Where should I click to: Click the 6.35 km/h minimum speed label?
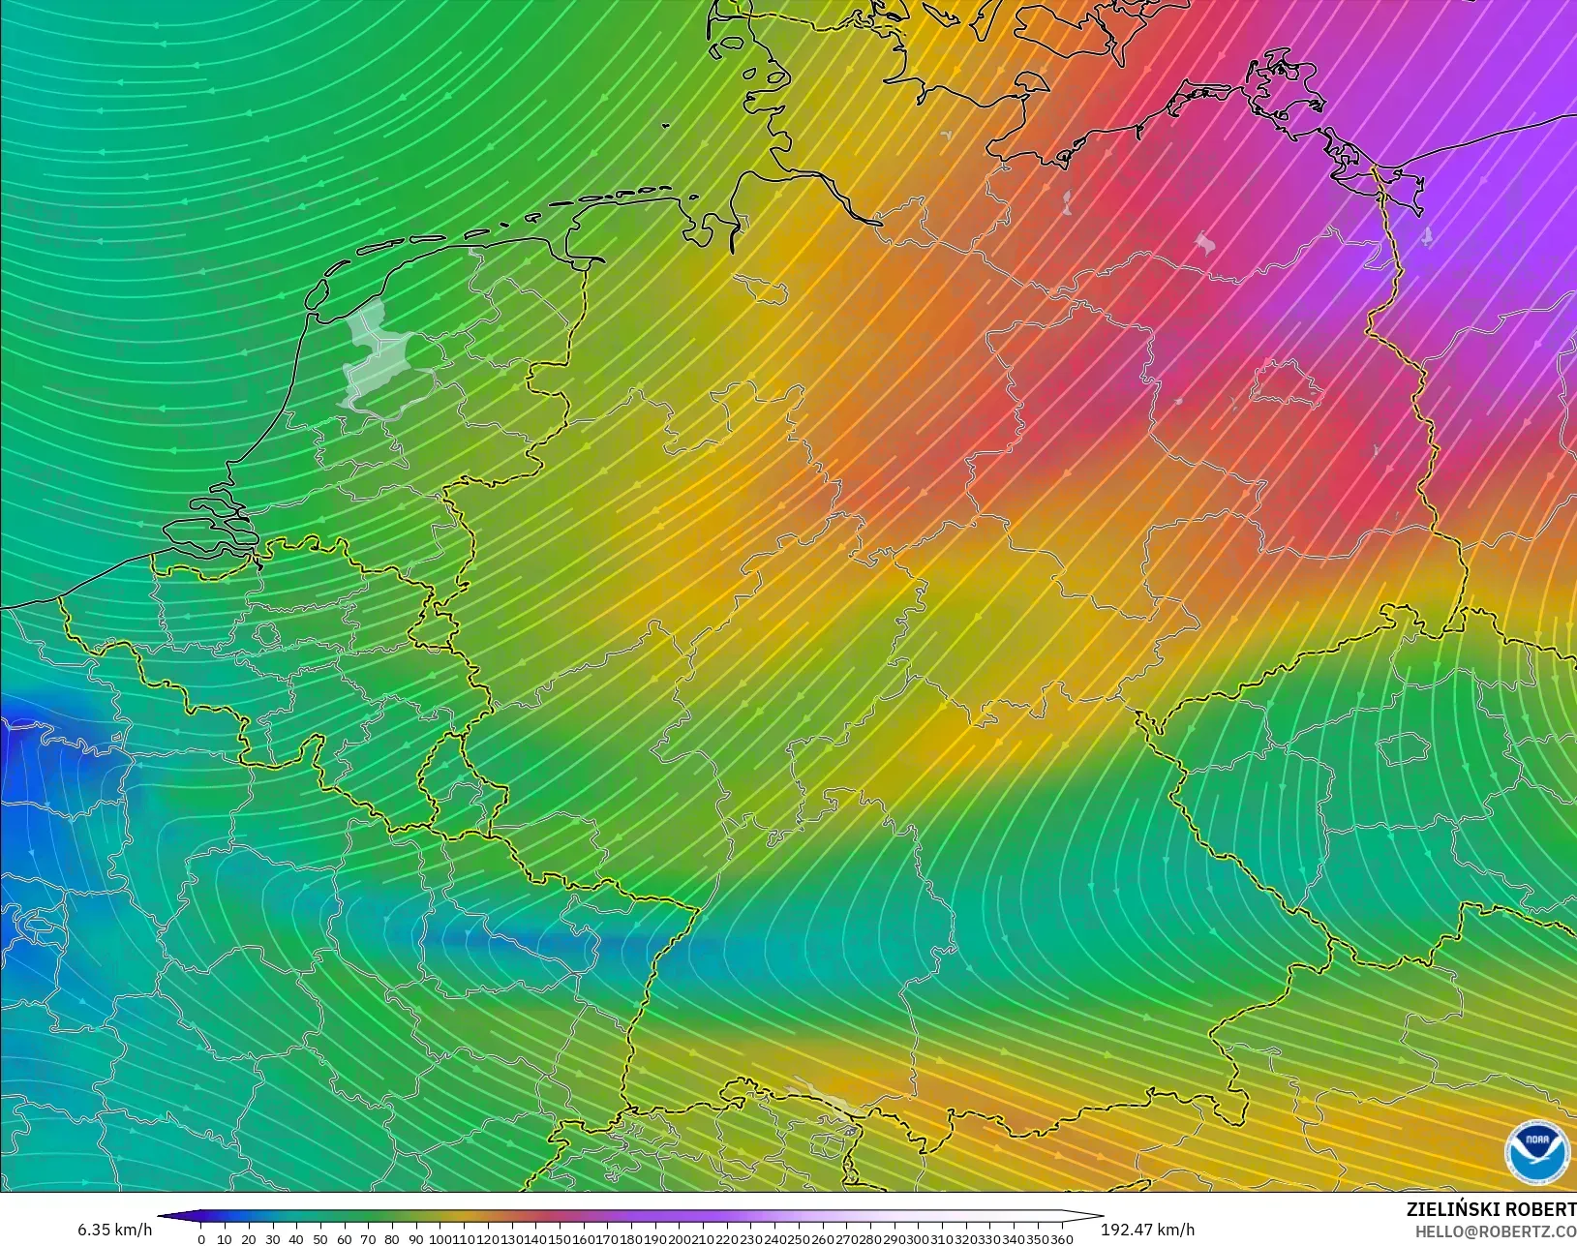[114, 1230]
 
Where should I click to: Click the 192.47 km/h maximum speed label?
[1147, 1230]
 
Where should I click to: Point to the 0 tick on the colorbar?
[201, 1239]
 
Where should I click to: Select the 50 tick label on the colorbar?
[320, 1239]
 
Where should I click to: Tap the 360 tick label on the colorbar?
[1061, 1239]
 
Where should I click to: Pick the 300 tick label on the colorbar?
[918, 1239]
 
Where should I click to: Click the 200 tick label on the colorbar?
[680, 1239]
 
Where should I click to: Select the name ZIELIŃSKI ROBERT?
[1491, 1209]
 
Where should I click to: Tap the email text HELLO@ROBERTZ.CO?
[1496, 1231]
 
